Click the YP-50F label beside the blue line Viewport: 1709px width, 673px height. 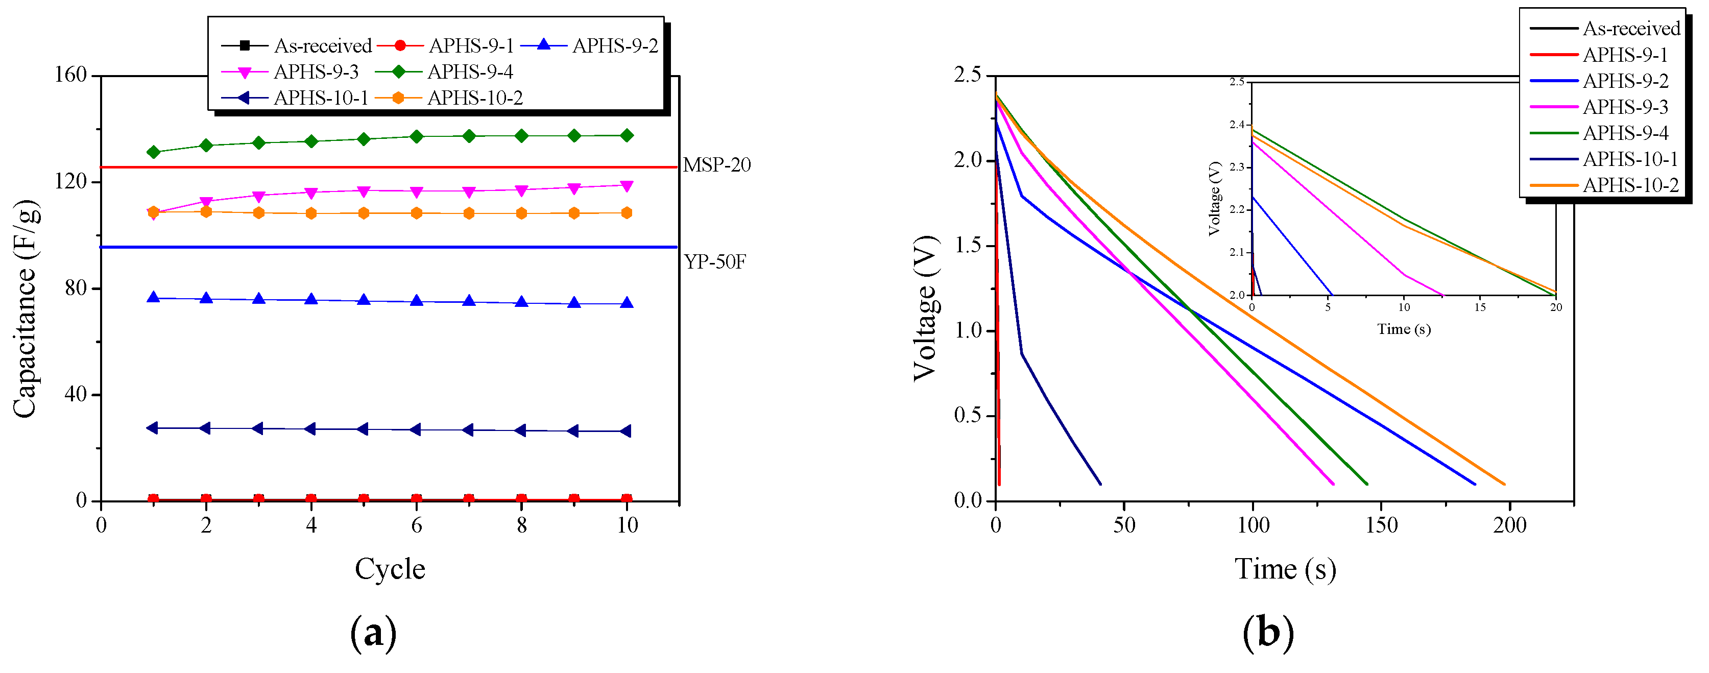(714, 261)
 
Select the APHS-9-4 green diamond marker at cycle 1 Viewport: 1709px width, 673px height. (153, 152)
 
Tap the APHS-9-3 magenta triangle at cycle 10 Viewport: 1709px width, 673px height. (627, 186)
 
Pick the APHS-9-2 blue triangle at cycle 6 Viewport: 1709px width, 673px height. (417, 301)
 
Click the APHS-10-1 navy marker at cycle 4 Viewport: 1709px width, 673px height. (310, 429)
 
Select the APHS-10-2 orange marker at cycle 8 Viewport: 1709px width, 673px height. (521, 213)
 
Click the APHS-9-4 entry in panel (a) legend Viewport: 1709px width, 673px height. (470, 71)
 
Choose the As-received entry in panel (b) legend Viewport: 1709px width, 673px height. (1631, 29)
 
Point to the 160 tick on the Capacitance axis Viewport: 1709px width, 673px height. (71, 75)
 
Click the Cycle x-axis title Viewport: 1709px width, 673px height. (390, 569)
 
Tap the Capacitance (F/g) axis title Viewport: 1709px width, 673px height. (25, 309)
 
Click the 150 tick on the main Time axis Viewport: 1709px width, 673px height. (1381, 525)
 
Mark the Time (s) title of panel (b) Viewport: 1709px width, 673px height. (1285, 569)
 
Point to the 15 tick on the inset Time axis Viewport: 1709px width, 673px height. (1479, 307)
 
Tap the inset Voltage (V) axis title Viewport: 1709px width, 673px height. (1214, 199)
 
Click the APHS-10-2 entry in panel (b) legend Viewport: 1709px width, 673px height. (1631, 185)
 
